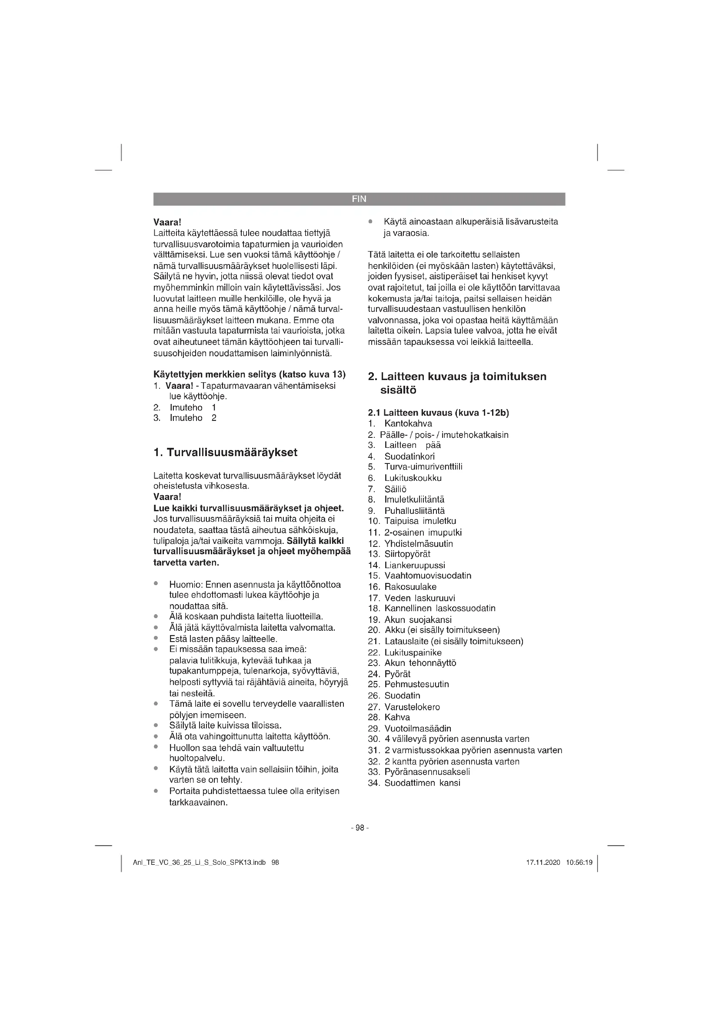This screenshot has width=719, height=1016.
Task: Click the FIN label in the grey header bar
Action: tap(359, 199)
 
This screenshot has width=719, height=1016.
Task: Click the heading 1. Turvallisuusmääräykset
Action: tap(225, 452)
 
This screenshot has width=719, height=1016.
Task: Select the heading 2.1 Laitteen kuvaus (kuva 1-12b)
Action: tap(438, 413)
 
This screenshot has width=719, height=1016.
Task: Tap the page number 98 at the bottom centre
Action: tap(359, 827)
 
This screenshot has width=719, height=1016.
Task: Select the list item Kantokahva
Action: tap(408, 424)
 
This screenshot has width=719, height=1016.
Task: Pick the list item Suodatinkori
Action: tap(409, 456)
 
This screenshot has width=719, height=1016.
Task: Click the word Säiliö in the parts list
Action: tap(395, 489)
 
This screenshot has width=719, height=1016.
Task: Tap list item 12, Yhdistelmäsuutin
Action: tap(418, 543)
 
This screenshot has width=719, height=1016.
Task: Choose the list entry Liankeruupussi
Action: tap(414, 565)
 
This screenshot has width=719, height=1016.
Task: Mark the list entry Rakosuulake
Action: tap(410, 587)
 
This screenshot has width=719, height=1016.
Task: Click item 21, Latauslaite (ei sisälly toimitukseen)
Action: tap(453, 641)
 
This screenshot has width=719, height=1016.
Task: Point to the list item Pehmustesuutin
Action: tap(416, 684)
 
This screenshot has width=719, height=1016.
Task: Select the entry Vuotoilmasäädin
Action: tap(417, 728)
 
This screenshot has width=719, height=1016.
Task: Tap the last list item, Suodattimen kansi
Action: tap(422, 783)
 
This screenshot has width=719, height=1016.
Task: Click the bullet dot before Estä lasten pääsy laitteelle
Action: tap(156, 638)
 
